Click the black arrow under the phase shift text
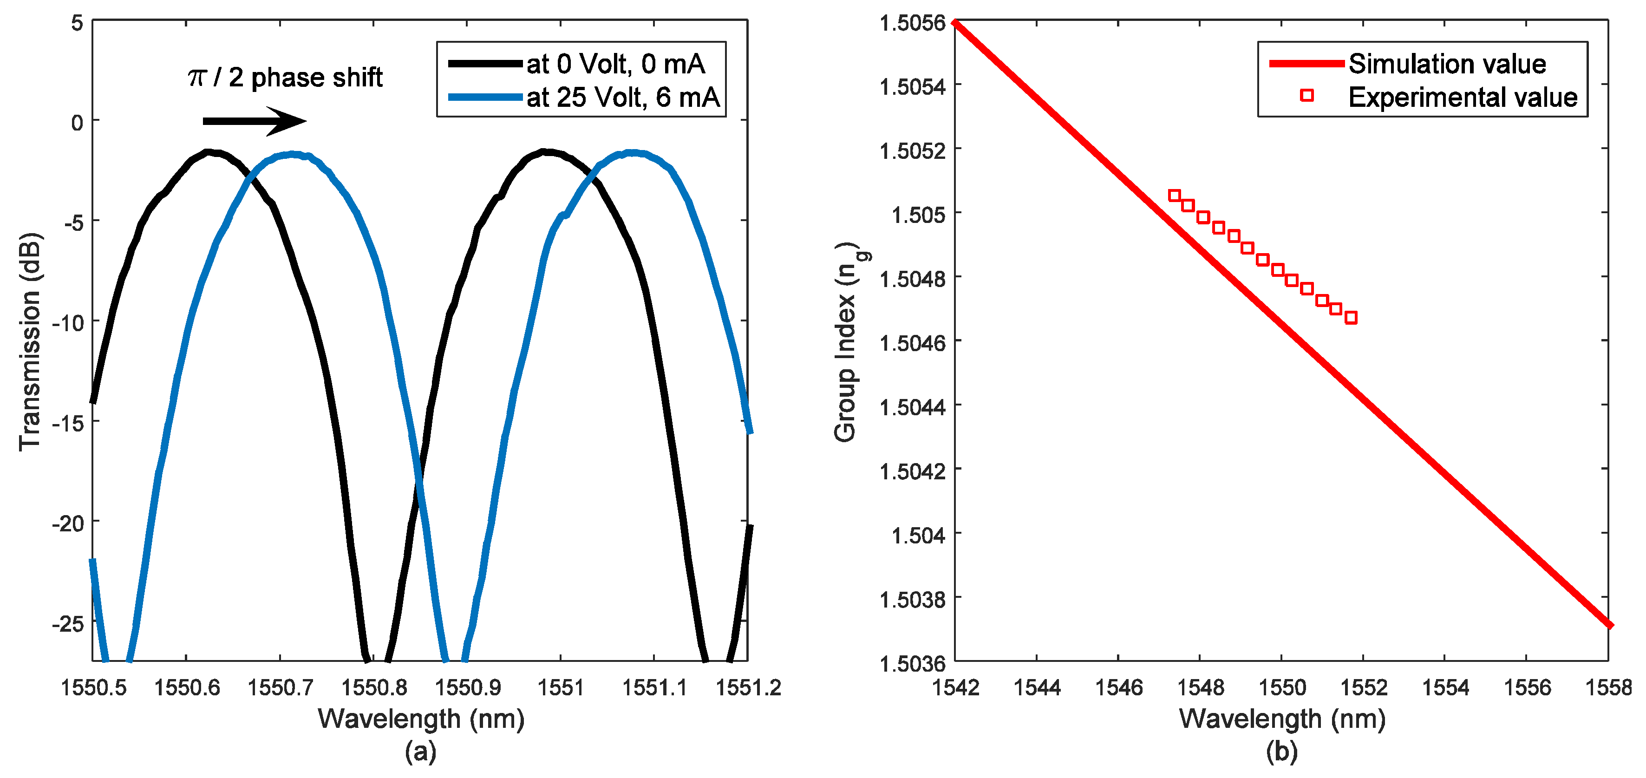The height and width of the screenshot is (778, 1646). (255, 121)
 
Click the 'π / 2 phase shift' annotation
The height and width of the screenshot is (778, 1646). (285, 78)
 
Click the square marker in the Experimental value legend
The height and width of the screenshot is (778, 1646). (1306, 95)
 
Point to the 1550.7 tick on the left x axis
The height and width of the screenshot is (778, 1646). (280, 687)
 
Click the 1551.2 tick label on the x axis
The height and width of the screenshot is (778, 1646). (748, 687)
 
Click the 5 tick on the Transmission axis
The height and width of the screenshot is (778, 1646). (77, 24)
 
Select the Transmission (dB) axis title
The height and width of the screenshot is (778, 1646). (30, 342)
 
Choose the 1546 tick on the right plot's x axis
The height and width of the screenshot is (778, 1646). (1118, 687)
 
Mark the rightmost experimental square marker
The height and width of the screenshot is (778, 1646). (1351, 318)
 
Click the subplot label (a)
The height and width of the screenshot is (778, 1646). (420, 751)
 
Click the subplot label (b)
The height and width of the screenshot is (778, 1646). (1282, 751)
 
